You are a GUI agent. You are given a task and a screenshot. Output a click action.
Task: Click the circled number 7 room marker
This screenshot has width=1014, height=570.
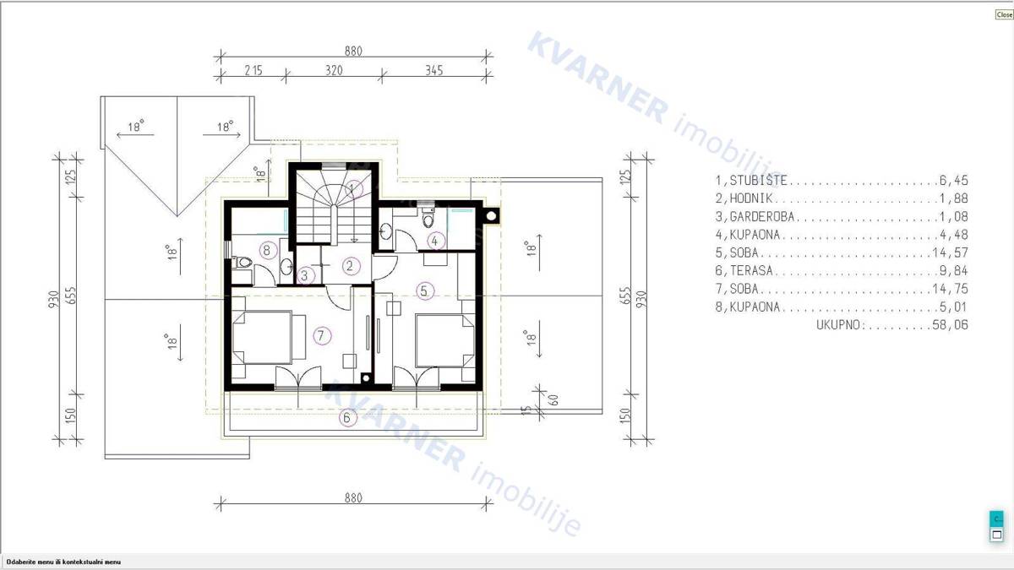321,336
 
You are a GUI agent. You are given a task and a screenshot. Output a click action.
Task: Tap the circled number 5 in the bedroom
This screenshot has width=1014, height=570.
424,290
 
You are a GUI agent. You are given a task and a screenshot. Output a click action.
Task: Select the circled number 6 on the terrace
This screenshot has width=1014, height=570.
347,417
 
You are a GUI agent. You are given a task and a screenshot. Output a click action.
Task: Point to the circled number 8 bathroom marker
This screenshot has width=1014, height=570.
268,250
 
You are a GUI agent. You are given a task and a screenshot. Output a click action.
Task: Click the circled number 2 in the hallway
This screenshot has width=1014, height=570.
350,266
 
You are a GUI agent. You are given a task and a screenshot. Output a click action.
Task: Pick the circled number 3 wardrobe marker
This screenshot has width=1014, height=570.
305,275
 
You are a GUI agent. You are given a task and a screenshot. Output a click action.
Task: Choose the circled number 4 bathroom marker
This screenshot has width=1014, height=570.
435,242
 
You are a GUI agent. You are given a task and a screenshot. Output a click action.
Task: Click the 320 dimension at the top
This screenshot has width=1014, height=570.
334,70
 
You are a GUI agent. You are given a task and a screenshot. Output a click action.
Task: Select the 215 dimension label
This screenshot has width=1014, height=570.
253,70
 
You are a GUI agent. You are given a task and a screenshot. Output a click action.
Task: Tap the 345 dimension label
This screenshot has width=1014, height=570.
434,70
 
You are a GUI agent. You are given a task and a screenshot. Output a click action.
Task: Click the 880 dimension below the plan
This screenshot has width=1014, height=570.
353,497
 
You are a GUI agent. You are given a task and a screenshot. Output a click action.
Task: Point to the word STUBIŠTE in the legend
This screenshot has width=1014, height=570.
759,180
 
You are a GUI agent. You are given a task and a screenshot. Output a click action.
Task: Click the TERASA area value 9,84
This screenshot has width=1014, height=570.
954,270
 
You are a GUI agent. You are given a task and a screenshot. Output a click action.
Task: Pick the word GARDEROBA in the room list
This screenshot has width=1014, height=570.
762,217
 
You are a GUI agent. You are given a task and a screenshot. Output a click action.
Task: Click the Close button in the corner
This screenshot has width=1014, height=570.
1004,14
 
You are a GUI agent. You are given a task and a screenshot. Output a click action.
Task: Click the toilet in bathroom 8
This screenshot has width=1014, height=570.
243,262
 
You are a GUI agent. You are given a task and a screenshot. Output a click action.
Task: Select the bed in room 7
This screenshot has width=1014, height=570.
263,337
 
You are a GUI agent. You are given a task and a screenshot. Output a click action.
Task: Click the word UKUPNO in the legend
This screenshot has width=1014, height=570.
841,325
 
